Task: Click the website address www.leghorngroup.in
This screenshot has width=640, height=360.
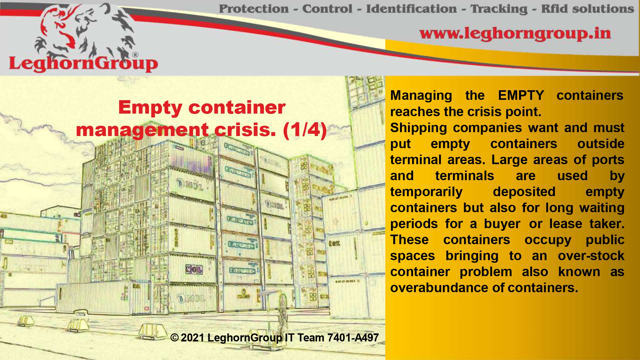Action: [515, 34]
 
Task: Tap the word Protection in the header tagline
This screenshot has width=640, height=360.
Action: [254, 9]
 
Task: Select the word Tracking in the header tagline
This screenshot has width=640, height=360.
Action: [499, 9]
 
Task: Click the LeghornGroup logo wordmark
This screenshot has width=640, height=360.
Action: [83, 63]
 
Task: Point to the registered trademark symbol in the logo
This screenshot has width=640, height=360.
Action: [135, 55]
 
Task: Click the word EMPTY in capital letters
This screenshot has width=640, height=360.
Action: [521, 95]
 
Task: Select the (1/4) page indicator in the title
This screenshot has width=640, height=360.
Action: [305, 130]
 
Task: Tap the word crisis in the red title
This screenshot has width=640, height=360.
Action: [245, 130]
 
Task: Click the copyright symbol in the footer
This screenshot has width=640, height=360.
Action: [174, 338]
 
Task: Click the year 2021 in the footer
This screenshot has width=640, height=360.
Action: [192, 338]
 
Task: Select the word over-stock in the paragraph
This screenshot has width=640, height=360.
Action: [591, 256]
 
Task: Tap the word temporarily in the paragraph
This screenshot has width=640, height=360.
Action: [426, 192]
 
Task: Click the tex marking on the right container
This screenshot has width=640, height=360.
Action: [334, 243]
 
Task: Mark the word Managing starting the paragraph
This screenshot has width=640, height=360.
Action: [421, 96]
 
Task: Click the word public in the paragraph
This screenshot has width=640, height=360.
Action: [605, 240]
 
